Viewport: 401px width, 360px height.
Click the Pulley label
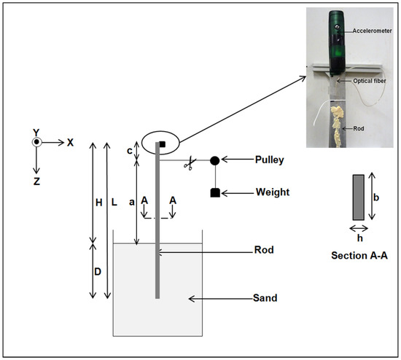pyautogui.click(x=270, y=160)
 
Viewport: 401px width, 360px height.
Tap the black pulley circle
pyautogui.click(x=215, y=160)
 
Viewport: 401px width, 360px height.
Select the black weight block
pyautogui.click(x=215, y=193)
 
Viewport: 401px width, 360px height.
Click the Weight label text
pyautogui.click(x=273, y=192)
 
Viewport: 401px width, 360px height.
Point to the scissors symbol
pyautogui.click(x=190, y=164)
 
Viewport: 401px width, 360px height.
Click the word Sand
pyautogui.click(x=265, y=298)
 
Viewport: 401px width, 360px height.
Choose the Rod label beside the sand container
pyautogui.click(x=264, y=250)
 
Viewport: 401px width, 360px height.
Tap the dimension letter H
pyautogui.click(x=99, y=203)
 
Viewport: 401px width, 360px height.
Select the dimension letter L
pyautogui.click(x=114, y=203)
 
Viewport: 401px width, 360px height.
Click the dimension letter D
pyautogui.click(x=98, y=272)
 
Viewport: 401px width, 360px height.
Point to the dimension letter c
pyautogui.click(x=130, y=151)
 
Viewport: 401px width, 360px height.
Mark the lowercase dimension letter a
pyautogui.click(x=132, y=203)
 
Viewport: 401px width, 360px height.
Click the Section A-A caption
pyautogui.click(x=359, y=256)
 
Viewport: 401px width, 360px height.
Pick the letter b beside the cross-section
pyautogui.click(x=376, y=197)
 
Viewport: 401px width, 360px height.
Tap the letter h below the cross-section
pyautogui.click(x=360, y=238)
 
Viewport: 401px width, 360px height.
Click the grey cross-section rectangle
pyautogui.click(x=359, y=197)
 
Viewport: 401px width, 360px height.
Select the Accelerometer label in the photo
pyautogui.click(x=372, y=31)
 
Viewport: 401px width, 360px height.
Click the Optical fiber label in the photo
pyautogui.click(x=370, y=81)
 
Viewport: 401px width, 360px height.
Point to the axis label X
pyautogui.click(x=70, y=142)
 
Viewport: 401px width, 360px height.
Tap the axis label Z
pyautogui.click(x=36, y=181)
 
